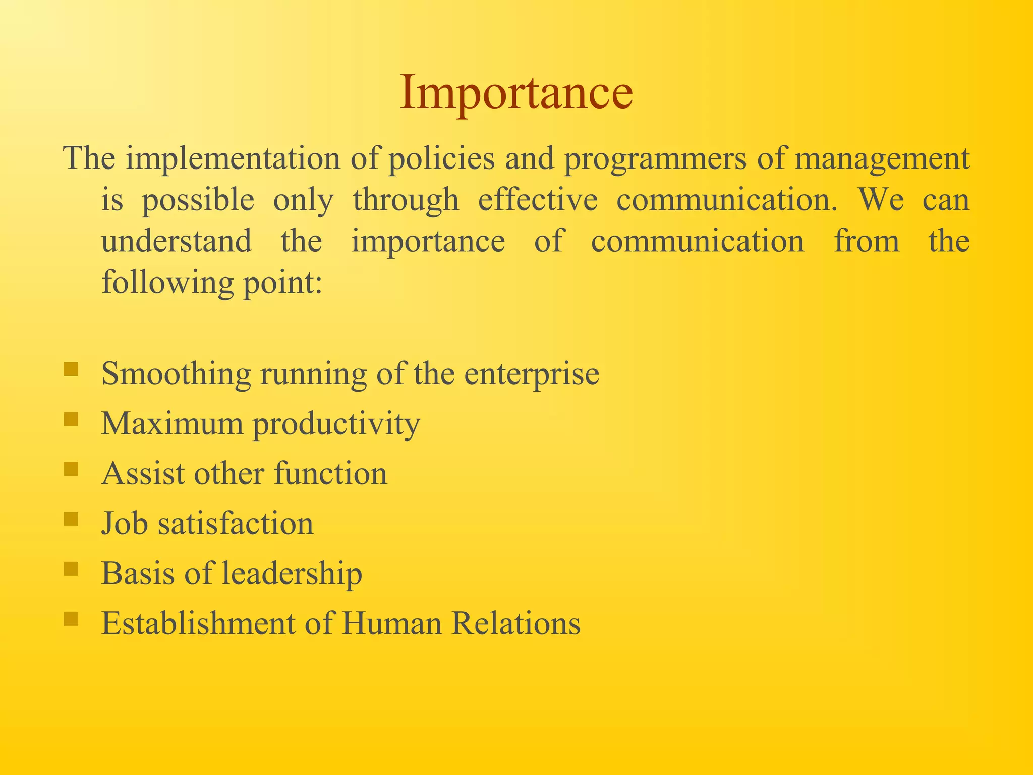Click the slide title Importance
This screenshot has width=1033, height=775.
[516, 93]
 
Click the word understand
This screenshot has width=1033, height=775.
[177, 241]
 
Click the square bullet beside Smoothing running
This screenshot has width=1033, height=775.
[71, 369]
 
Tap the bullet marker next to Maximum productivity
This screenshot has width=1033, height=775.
[71, 419]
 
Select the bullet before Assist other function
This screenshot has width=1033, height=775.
[71, 469]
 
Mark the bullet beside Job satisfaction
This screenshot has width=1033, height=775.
[71, 519]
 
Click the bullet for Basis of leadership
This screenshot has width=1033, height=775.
[71, 569]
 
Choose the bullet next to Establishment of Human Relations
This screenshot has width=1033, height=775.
[71, 619]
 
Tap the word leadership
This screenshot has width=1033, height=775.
[292, 574]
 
